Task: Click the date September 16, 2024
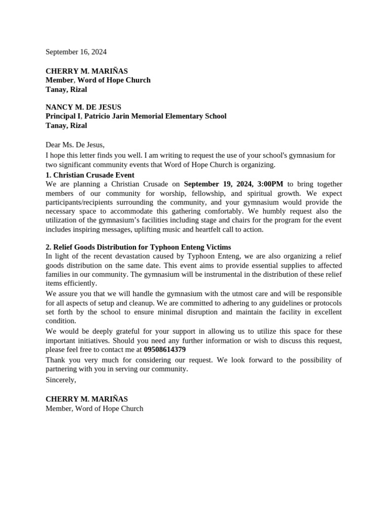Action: tap(76, 52)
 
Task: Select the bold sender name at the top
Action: tap(86, 71)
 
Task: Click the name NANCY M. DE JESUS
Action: tap(83, 107)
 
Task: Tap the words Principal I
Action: tap(64, 116)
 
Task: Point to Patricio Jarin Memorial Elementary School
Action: tap(155, 116)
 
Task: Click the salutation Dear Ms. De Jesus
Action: tap(75, 145)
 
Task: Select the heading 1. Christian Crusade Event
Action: tap(90, 175)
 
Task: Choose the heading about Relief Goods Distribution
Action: tap(138, 247)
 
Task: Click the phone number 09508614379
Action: tap(165, 349)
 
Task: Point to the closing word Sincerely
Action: tap(61, 380)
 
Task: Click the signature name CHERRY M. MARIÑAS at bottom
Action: tap(86, 399)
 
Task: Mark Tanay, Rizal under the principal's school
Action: tap(66, 125)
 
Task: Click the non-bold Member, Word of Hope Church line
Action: tap(94, 408)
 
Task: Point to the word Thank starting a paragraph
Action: tap(56, 360)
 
